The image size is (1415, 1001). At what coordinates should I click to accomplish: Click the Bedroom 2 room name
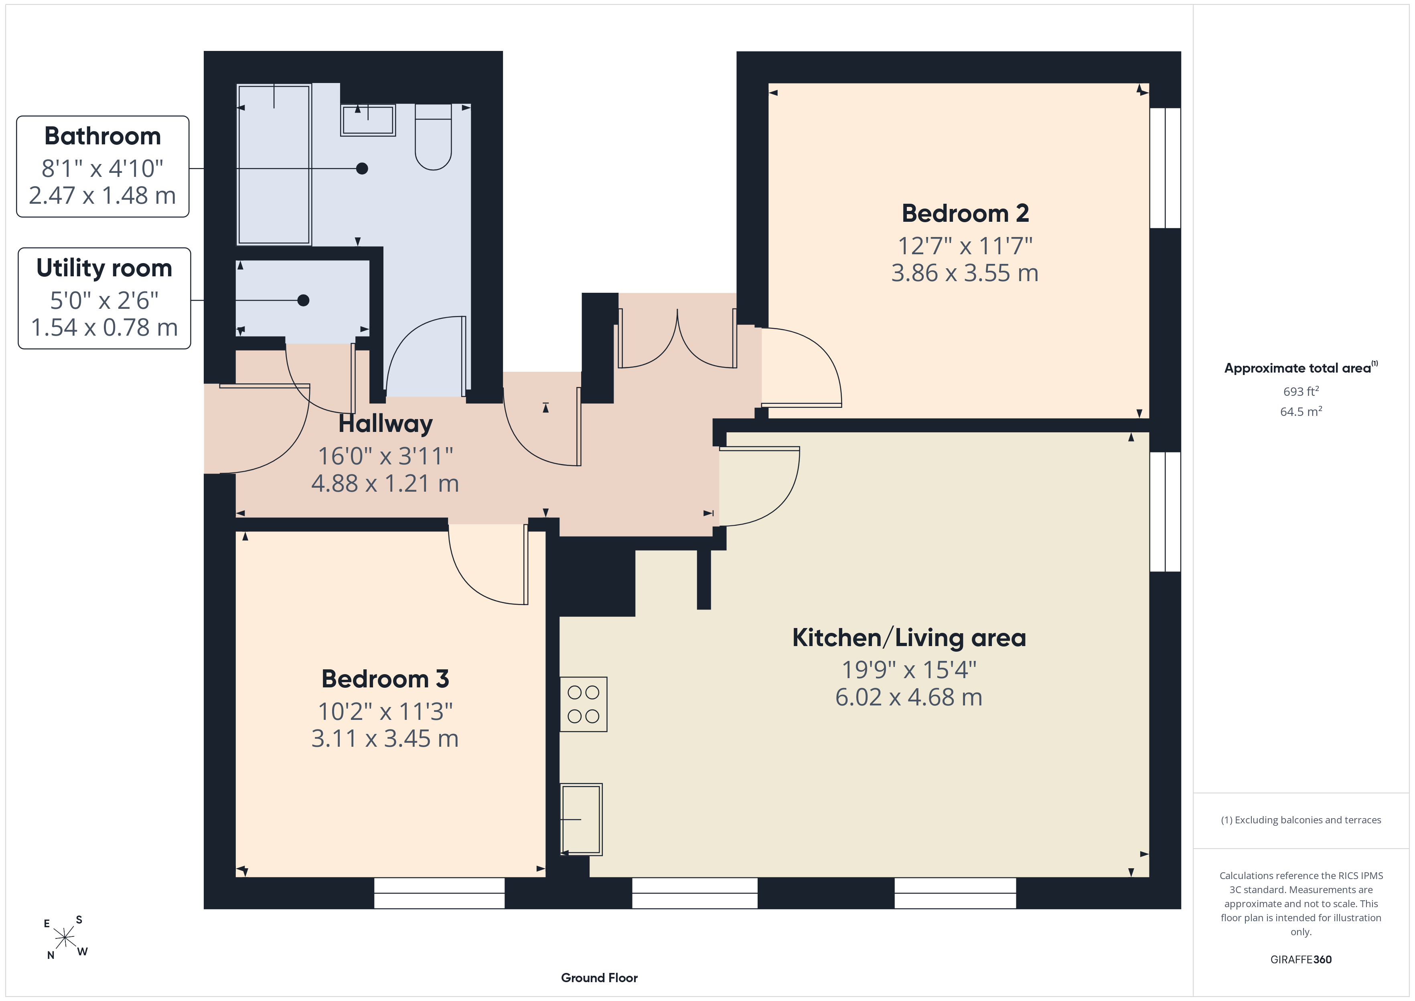tap(965, 213)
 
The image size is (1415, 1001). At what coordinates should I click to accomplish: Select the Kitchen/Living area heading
tap(909, 638)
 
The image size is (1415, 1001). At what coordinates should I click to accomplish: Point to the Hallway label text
tap(386, 424)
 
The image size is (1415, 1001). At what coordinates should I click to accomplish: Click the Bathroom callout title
tap(102, 136)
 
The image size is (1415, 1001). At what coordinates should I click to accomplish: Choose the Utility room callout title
tap(104, 268)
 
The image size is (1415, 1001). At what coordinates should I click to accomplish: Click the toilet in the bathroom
tap(433, 137)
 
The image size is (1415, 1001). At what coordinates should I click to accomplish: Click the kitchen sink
tap(581, 819)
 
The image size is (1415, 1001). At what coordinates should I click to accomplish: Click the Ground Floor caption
tap(599, 978)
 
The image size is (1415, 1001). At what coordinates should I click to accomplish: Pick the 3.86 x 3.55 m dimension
tap(965, 272)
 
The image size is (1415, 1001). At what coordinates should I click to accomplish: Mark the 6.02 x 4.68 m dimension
tap(909, 697)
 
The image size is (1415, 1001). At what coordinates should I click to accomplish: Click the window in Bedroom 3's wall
tap(440, 893)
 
